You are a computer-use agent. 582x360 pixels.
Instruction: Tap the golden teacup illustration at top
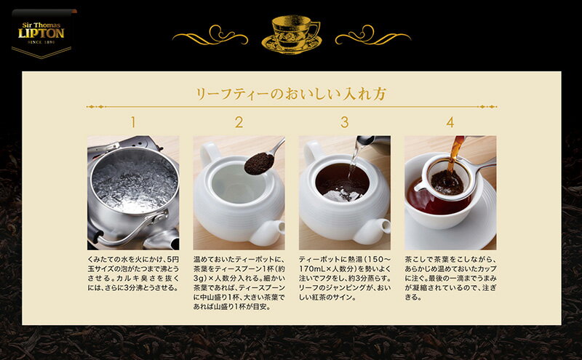(292, 34)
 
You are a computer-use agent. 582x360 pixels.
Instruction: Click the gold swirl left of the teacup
(210, 36)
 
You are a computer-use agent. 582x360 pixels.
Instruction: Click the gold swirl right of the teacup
(373, 36)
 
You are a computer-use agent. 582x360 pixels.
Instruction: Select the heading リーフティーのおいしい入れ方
(292, 94)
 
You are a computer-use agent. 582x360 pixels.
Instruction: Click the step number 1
(133, 122)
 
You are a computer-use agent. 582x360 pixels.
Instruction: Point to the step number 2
(239, 122)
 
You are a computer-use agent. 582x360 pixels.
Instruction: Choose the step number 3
(344, 122)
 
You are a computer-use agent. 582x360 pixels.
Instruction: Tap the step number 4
(450, 122)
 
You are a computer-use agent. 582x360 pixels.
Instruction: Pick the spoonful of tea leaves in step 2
(259, 163)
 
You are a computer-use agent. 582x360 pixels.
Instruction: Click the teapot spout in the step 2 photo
(267, 231)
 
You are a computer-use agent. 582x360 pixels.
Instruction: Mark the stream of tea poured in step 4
(455, 153)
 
